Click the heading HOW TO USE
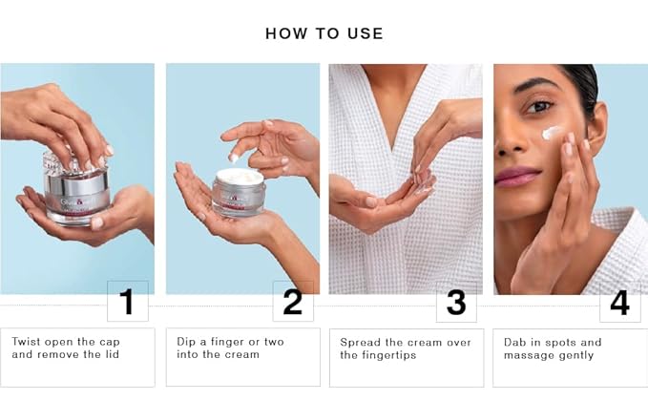point(324,33)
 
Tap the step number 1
point(127,302)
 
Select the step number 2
point(293,302)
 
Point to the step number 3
point(456,303)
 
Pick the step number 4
point(619,303)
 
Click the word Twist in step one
point(26,342)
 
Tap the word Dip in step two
point(186,343)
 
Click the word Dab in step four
point(514,343)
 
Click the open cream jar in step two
point(239,193)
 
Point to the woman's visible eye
point(538,107)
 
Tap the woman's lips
point(517,177)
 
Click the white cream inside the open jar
point(240,176)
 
